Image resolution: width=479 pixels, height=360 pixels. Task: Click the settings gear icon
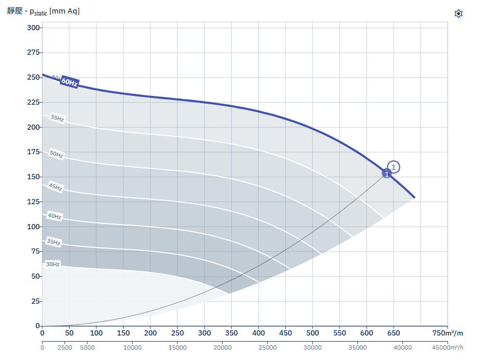pos(459,14)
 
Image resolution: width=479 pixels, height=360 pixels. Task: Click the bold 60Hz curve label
pos(69,82)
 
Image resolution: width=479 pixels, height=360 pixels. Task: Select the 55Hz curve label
pos(57,118)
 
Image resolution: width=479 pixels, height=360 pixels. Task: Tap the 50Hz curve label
pos(57,154)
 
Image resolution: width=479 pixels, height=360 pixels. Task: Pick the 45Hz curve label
pos(56,187)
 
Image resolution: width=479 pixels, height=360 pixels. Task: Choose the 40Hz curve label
pos(55,216)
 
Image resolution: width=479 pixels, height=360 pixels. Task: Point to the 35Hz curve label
pos(54,242)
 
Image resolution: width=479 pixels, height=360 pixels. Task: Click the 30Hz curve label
pos(53,264)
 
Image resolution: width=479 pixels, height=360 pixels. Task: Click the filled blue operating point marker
pos(387,173)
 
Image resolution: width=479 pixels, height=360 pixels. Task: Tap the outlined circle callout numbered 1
pos(394,167)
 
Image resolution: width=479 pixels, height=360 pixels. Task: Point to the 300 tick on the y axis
pos(33,28)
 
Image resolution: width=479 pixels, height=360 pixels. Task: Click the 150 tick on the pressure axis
pos(33,177)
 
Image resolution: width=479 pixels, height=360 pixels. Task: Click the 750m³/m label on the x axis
pos(448,333)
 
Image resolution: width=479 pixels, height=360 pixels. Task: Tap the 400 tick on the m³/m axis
pos(258,333)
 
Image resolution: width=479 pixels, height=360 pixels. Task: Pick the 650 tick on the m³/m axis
pos(394,333)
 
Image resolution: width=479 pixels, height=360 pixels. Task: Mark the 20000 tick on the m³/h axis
pos(222,347)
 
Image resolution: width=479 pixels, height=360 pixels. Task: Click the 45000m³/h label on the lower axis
pos(448,347)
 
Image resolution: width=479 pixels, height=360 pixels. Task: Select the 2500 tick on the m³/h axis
pos(65,347)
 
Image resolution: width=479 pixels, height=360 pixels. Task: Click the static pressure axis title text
pos(43,11)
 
